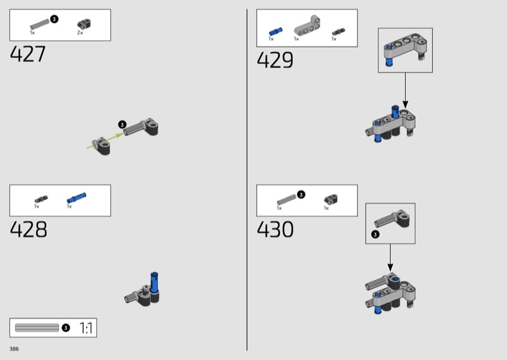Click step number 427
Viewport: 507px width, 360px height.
[x=28, y=54]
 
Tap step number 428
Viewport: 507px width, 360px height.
[x=29, y=229]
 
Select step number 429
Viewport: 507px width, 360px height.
[x=275, y=60]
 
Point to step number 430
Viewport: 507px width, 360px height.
[x=275, y=229]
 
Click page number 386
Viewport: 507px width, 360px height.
[x=14, y=349]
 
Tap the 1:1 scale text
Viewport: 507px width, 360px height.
[x=86, y=328]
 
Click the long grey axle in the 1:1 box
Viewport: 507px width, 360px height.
[x=37, y=328]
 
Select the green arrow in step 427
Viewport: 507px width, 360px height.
[x=105, y=141]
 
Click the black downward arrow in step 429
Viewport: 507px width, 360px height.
[x=405, y=91]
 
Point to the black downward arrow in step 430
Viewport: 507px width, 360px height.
[x=390, y=258]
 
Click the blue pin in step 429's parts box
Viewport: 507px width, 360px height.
[x=276, y=32]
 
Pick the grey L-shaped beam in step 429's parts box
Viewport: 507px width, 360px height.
[x=307, y=25]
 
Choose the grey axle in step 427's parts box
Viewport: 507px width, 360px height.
[x=40, y=24]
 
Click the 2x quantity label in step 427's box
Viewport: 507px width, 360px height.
[x=80, y=33]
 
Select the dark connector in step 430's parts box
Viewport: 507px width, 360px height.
[x=331, y=199]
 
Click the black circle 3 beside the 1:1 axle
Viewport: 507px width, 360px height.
[x=66, y=328]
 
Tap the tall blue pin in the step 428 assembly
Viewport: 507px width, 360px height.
[x=154, y=283]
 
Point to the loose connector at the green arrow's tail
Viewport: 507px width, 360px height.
[x=101, y=146]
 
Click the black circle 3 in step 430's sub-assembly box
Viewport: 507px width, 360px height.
[x=375, y=234]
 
